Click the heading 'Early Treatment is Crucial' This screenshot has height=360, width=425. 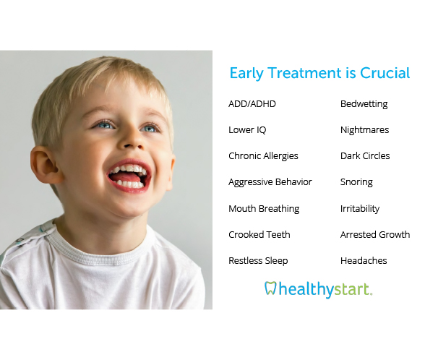[x=319, y=73]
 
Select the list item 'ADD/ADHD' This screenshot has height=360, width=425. [x=252, y=104]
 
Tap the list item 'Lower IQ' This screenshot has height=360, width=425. [x=247, y=130]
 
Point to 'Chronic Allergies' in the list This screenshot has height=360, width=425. [x=263, y=156]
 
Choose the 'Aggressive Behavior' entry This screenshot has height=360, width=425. [x=270, y=182]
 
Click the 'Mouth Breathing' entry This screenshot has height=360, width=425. [x=264, y=209]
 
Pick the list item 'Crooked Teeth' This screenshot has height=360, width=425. [x=259, y=234]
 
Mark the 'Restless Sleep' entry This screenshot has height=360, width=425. [x=258, y=261]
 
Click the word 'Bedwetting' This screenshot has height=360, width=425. [x=364, y=104]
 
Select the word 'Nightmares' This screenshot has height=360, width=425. [x=364, y=130]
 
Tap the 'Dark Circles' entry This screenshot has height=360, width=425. [x=365, y=156]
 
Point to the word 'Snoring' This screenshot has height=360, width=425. [x=356, y=182]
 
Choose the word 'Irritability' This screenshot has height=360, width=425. [x=360, y=209]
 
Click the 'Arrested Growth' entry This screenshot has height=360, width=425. [x=375, y=234]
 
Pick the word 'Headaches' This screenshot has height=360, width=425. [x=364, y=260]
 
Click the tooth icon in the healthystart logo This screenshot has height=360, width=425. [x=270, y=288]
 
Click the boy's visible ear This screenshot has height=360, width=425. [x=46, y=165]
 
